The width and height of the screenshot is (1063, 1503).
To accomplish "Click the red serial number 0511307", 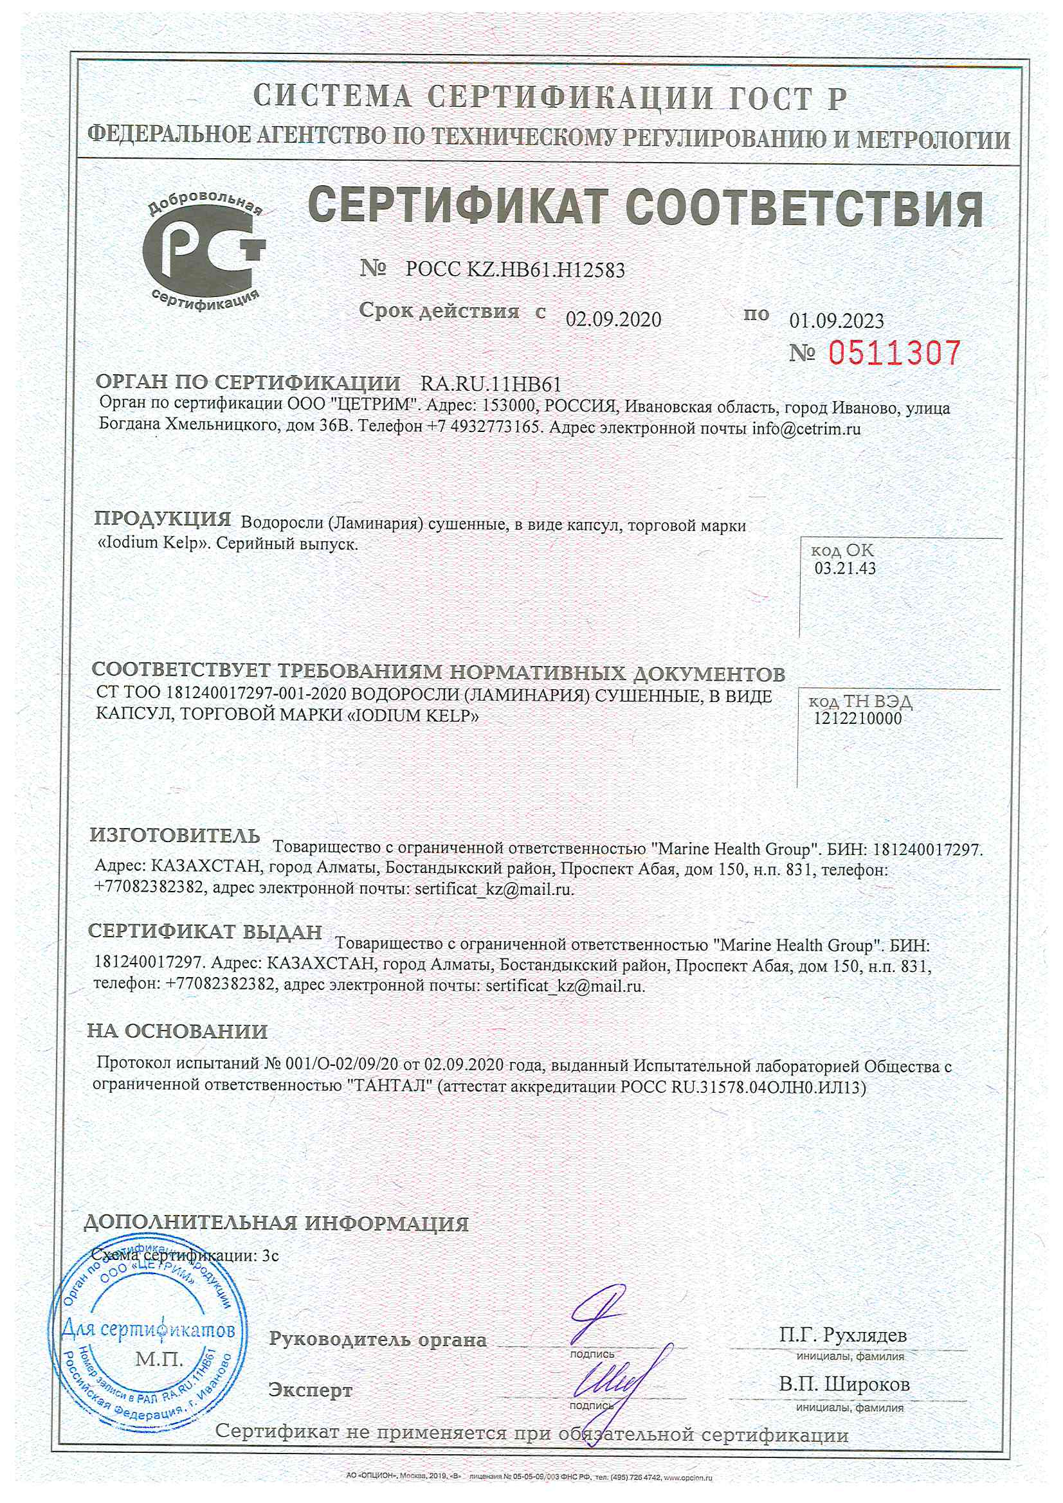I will pos(894,353).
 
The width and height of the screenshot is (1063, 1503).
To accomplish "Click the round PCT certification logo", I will pos(204,252).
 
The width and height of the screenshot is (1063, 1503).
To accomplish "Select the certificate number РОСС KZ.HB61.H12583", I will pos(515,270).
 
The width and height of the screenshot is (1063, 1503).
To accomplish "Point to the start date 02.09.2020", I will pos(613,319).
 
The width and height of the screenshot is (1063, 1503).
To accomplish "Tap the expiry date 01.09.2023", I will pos(837,321).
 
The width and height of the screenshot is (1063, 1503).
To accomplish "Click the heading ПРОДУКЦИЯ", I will pos(163,519).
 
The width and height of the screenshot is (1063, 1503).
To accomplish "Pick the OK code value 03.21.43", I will pos(845,568).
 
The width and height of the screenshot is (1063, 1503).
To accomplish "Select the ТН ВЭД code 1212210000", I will pos(857,718).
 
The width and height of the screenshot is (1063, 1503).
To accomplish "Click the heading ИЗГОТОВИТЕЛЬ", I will pos(175,835).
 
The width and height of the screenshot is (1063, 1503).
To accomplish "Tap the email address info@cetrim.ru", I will pos(806,429).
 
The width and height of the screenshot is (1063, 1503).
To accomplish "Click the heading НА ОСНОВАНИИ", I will pos(177,1032).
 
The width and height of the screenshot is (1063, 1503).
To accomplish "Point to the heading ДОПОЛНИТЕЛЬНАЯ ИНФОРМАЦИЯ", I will pos(276,1223).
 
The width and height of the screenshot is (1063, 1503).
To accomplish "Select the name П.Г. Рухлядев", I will pos(843,1335).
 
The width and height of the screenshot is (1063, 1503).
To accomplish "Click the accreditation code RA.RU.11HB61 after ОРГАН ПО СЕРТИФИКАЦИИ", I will pos(491,384).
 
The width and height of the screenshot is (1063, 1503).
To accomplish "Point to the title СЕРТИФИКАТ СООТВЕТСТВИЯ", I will pos(645,208).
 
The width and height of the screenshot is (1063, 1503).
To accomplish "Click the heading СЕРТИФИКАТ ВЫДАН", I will pos(205,932).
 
